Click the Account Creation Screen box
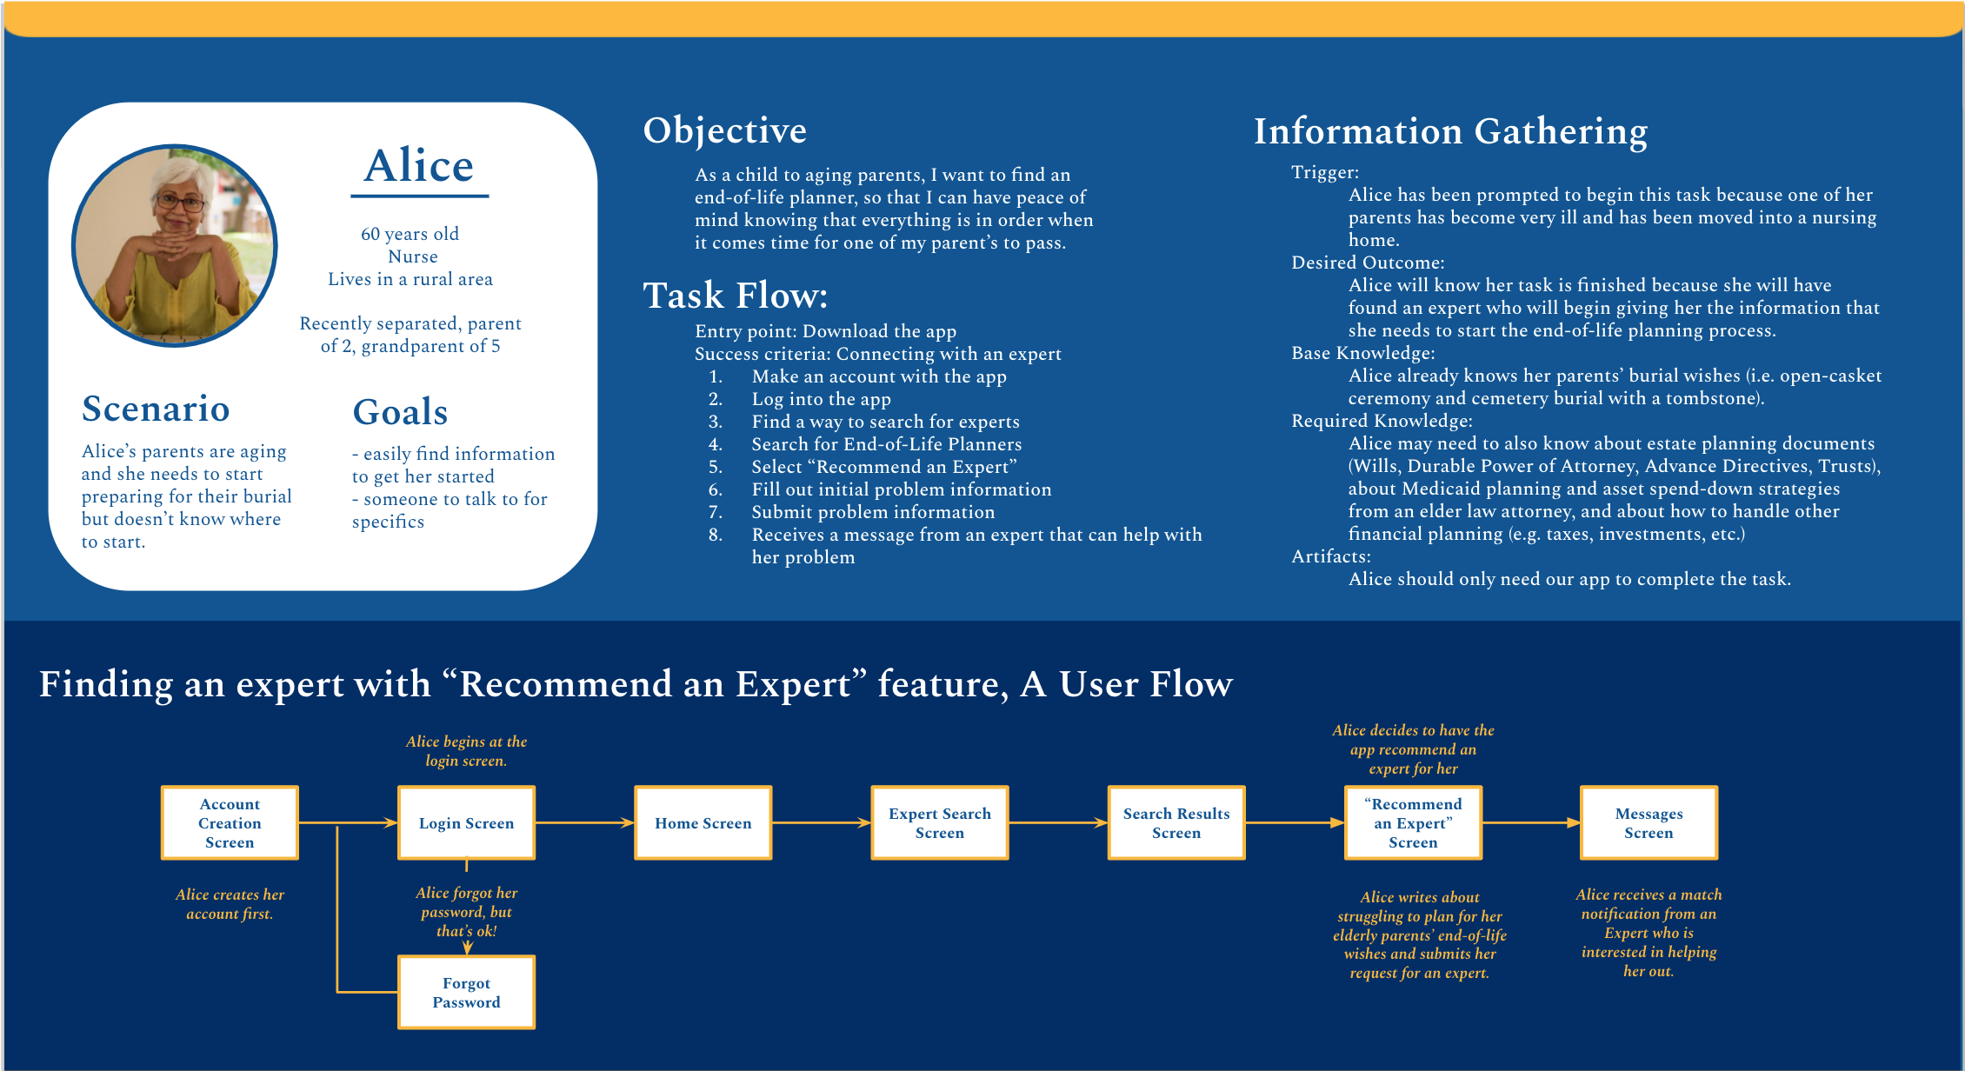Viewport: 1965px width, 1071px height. click(230, 822)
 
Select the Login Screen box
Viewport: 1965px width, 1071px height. click(466, 822)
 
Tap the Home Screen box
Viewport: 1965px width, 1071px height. click(703, 822)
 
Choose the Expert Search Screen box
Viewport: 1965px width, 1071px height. click(939, 822)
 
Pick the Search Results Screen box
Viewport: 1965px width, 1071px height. click(1176, 822)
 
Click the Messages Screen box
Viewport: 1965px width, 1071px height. click(1649, 822)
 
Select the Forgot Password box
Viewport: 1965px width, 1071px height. click(466, 992)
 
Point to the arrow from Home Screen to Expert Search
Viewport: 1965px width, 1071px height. click(821, 822)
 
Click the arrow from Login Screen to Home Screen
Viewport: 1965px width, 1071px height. click(584, 822)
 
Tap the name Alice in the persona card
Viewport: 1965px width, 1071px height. click(419, 165)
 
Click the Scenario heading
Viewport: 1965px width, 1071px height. click(156, 409)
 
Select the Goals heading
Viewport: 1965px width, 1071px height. click(400, 412)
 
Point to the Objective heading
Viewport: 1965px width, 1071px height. click(724, 130)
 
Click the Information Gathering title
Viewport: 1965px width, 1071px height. click(1450, 131)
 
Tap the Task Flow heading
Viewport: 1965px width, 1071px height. click(735, 296)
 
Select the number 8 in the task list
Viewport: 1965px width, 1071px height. click(715, 535)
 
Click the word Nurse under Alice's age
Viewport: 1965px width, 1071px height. click(413, 256)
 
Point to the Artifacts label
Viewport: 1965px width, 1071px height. click(1330, 556)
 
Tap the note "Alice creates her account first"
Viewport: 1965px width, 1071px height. click(230, 904)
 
